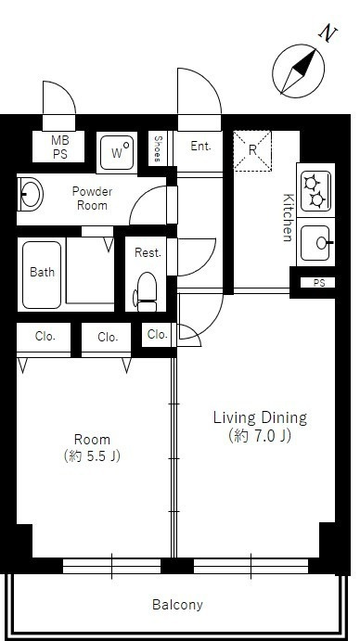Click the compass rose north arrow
pyautogui.click(x=299, y=71)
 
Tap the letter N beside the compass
pyautogui.click(x=328, y=34)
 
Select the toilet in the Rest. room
pyautogui.click(x=146, y=292)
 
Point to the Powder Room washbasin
pyautogui.click(x=30, y=194)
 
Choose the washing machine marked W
pyautogui.click(x=118, y=152)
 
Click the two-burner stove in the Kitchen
pyautogui.click(x=315, y=190)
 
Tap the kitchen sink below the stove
pyautogui.click(x=315, y=243)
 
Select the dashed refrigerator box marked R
pyautogui.click(x=252, y=150)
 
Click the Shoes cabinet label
pyautogui.click(x=158, y=148)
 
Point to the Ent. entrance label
pyautogui.click(x=200, y=146)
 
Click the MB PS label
pyautogui.click(x=59, y=147)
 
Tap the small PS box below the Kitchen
pyautogui.click(x=318, y=283)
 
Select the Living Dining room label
pyautogui.click(x=260, y=417)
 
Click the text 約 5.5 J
pyautogui.click(x=93, y=455)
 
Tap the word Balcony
pyautogui.click(x=177, y=605)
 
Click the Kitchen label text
pyautogui.click(x=289, y=217)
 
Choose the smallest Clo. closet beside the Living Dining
pyautogui.click(x=158, y=334)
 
